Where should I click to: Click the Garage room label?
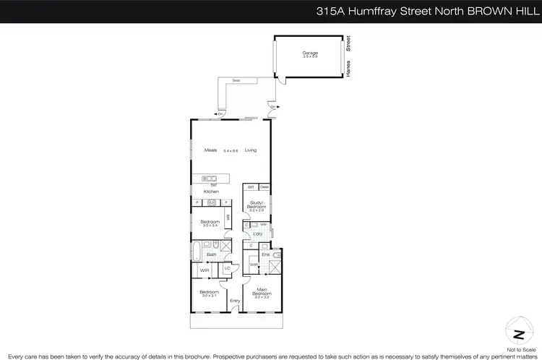point(310,53)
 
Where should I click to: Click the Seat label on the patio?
point(236,81)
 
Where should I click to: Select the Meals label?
point(210,150)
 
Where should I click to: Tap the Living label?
point(251,150)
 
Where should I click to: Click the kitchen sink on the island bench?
point(210,178)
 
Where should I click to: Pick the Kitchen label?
point(211,191)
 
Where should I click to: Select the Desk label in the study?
point(264,187)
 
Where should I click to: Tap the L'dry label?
point(257,233)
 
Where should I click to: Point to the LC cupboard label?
point(227,268)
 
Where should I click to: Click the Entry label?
point(235,301)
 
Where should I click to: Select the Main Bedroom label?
point(261,293)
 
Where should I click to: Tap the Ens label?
point(266,254)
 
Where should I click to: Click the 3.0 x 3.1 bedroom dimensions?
point(209,296)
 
